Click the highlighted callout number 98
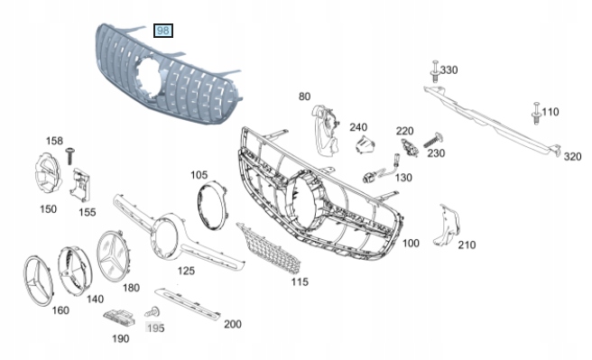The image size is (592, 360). pyautogui.click(x=163, y=31)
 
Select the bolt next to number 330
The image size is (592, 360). pyautogui.click(x=435, y=71)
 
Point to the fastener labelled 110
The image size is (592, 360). pyautogui.click(x=536, y=113)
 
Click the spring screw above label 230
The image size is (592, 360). pyautogui.click(x=432, y=141)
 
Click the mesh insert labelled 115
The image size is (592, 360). pyautogui.click(x=270, y=248)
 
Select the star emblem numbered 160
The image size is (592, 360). pyautogui.click(x=39, y=281)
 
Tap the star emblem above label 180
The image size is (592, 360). pyautogui.click(x=114, y=256)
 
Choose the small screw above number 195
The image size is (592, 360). pyautogui.click(x=153, y=312)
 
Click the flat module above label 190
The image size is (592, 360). pyautogui.click(x=119, y=318)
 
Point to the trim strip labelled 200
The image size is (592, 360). pyautogui.click(x=188, y=304)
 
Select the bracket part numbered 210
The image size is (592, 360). pyautogui.click(x=448, y=226)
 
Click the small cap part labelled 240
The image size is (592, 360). pyautogui.click(x=365, y=145)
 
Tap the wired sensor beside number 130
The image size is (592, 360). pyautogui.click(x=381, y=170)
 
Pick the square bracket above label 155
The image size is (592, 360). pyautogui.click(x=80, y=185)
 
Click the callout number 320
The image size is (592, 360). pyautogui.click(x=572, y=157)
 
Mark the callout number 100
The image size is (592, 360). pyautogui.click(x=411, y=244)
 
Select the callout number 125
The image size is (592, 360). pyautogui.click(x=186, y=271)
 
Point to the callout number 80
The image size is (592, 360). pyautogui.click(x=304, y=97)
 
